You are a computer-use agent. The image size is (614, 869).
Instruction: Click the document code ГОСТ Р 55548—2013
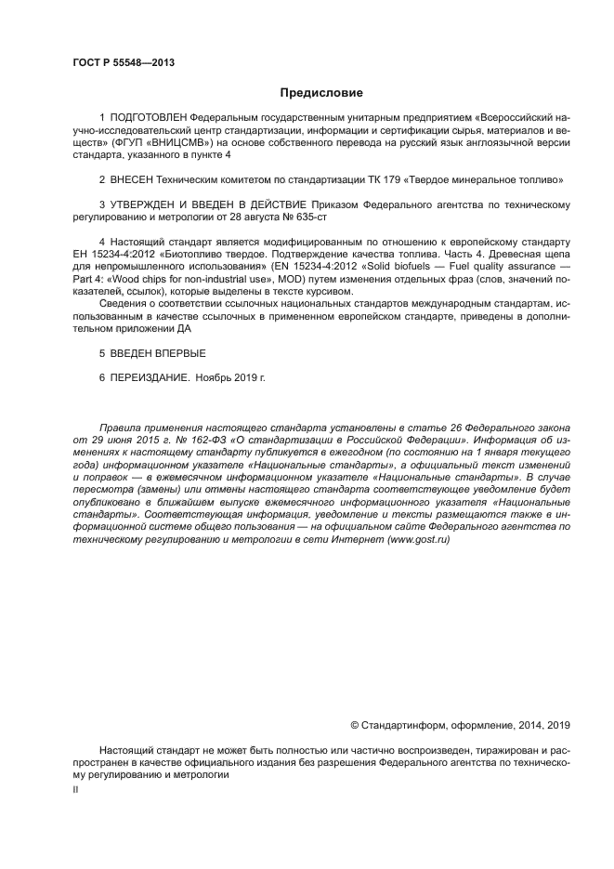pyautogui.click(x=123, y=62)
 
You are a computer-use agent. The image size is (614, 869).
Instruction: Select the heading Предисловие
pyautogui.click(x=321, y=93)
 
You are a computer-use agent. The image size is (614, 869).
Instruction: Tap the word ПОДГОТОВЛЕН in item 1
pyautogui.click(x=147, y=120)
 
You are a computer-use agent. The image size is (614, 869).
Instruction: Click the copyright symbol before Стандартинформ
pyautogui.click(x=354, y=725)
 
